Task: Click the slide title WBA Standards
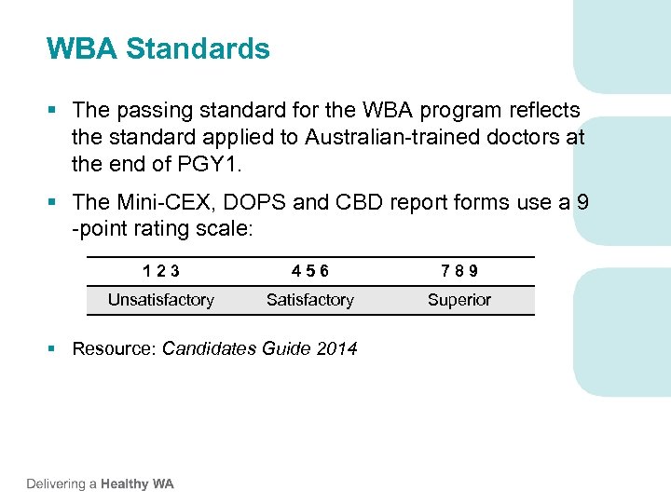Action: click(158, 48)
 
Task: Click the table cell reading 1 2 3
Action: click(161, 271)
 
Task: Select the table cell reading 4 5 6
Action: click(310, 271)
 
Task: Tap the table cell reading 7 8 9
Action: click(459, 271)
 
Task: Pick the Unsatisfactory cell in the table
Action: click(161, 300)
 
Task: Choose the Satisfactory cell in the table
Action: click(310, 300)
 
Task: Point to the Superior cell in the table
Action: click(459, 300)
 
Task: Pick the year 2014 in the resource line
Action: click(336, 349)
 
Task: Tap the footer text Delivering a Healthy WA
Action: click(100, 483)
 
